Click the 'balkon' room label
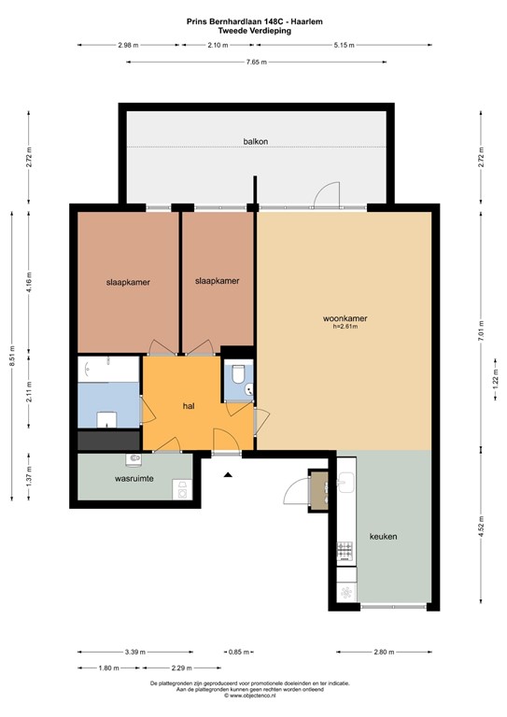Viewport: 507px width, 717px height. [254, 142]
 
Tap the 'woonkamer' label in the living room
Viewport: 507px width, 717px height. [345, 318]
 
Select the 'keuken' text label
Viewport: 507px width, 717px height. [383, 537]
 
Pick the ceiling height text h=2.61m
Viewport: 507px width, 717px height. [345, 328]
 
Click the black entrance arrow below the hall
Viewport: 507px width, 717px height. [225, 475]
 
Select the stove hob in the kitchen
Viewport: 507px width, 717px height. [345, 553]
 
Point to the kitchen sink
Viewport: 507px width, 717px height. [345, 484]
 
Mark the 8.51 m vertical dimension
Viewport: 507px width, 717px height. [12, 358]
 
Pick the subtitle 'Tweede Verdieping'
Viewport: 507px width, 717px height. [254, 30]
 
